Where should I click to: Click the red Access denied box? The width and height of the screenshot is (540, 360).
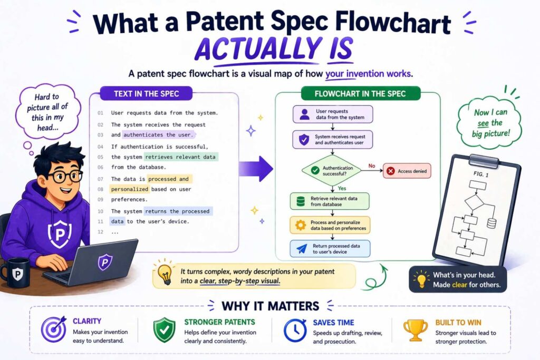coord(407,171)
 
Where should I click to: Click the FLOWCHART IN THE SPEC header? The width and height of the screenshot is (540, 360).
coord(360,94)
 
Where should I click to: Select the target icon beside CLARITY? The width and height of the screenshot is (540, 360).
coord(52,330)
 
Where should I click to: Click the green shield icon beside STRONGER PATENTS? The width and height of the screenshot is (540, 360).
coord(164,330)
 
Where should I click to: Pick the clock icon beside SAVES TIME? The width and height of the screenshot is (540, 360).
coord(294,330)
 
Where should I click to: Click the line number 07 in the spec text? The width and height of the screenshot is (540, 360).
coord(101,179)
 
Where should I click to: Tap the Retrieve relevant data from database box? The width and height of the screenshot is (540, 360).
coord(330,201)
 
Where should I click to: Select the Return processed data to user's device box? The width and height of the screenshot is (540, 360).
coord(330,248)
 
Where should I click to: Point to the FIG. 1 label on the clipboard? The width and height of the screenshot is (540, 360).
coord(477,176)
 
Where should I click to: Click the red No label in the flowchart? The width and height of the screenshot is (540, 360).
coord(371,166)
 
